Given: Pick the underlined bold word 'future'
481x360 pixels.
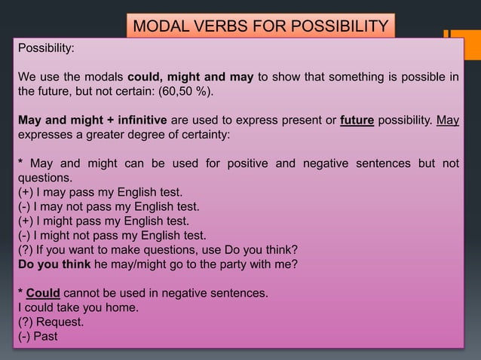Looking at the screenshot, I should coord(357,121).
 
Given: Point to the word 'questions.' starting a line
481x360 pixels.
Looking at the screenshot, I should coord(45,178).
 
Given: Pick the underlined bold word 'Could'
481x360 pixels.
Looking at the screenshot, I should coord(43,293).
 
